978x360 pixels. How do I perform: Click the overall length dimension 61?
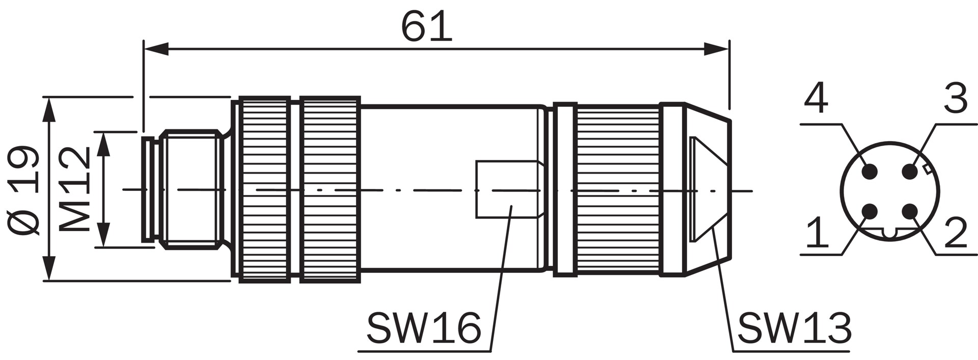[426, 26]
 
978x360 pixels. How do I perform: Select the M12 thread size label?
[75, 189]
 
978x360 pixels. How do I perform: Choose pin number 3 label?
[955, 99]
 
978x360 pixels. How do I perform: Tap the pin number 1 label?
[818, 232]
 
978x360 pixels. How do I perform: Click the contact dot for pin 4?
[870, 172]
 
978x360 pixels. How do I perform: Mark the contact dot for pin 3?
[910, 172]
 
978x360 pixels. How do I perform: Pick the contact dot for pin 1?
[870, 211]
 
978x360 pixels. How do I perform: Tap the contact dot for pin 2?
[910, 211]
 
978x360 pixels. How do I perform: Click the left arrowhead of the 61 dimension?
[156, 49]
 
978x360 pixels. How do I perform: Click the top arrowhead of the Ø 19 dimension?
[49, 109]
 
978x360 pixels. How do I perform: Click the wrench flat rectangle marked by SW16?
[506, 189]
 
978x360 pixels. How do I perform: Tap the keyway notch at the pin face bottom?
[889, 234]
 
